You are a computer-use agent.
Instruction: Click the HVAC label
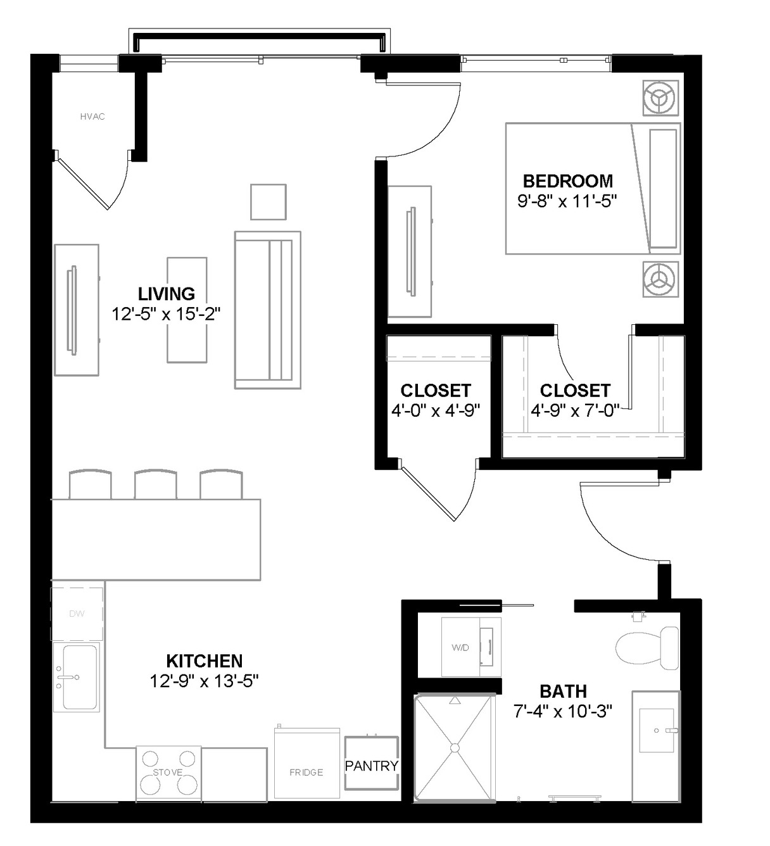pyautogui.click(x=92, y=117)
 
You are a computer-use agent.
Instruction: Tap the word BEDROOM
pyautogui.click(x=567, y=181)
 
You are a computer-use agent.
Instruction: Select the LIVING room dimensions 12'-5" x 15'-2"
pyautogui.click(x=167, y=314)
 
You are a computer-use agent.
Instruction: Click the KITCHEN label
pyautogui.click(x=204, y=661)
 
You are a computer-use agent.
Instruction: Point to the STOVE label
pyautogui.click(x=168, y=772)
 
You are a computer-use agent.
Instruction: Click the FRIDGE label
pyautogui.click(x=306, y=772)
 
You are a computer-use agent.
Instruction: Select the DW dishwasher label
pyautogui.click(x=77, y=614)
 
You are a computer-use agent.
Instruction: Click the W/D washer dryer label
pyautogui.click(x=460, y=647)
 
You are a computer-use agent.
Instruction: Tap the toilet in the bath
pyautogui.click(x=647, y=648)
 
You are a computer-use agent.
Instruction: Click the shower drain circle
pyautogui.click(x=455, y=748)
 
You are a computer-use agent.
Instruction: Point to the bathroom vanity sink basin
pyautogui.click(x=657, y=730)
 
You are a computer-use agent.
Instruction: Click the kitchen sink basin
pyautogui.click(x=80, y=677)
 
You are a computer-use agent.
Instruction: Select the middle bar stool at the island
pyautogui.click(x=155, y=484)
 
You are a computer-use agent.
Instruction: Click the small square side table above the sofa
pyautogui.click(x=268, y=201)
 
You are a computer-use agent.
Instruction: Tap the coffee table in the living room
pyautogui.click(x=187, y=310)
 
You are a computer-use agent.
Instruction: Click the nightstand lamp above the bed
pyautogui.click(x=660, y=98)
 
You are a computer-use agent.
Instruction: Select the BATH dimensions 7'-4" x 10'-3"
pyautogui.click(x=563, y=712)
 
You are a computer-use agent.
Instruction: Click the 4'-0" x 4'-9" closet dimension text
pyautogui.click(x=436, y=410)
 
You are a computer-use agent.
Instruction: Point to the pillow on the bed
pyautogui.click(x=663, y=188)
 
